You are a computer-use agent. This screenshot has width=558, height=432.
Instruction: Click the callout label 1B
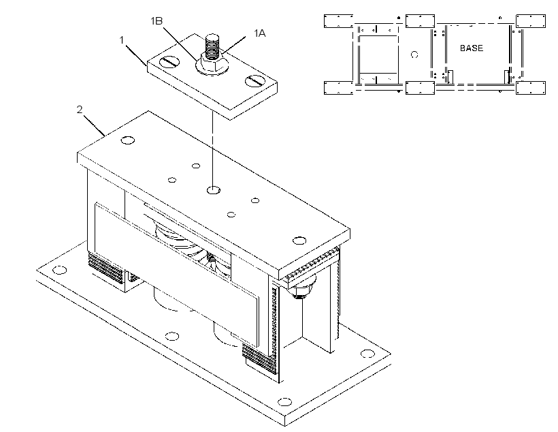coord(157,21)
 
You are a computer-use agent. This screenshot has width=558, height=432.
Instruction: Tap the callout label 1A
coord(259,33)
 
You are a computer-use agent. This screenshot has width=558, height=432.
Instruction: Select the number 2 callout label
coord(80,109)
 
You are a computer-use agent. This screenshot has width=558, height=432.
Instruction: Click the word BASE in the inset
coord(472,48)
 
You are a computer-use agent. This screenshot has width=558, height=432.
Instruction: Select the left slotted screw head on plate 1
coord(169,62)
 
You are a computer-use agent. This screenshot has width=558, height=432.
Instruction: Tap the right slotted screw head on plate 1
coord(255,81)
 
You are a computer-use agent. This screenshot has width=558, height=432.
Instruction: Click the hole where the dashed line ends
coord(214,190)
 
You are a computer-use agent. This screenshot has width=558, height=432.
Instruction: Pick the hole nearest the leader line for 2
coord(128,140)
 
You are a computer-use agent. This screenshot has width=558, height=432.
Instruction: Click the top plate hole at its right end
coord(299,241)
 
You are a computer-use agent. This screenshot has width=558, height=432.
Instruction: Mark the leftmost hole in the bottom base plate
coord(59,270)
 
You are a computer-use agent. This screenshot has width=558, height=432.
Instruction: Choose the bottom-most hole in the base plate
coord(284,402)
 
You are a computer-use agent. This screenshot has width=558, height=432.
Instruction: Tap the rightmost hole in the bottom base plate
coord(367,354)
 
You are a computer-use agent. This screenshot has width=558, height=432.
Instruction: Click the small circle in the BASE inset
coord(414,55)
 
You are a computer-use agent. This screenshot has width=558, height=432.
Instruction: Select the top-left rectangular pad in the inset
coord(338,21)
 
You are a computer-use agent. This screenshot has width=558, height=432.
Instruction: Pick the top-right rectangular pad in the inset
coord(531,21)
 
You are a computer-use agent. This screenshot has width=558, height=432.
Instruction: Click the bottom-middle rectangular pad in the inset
coord(420,88)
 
